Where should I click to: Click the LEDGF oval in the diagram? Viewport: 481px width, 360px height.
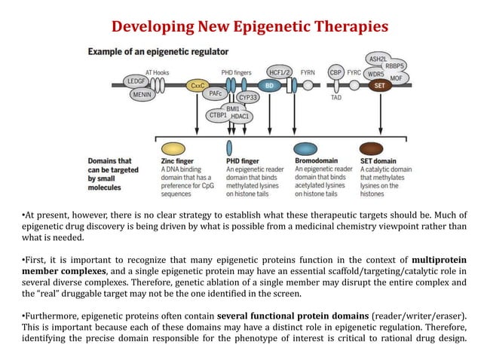point(136,81)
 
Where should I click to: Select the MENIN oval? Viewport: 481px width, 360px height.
point(141,95)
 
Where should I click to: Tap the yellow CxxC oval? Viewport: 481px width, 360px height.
point(198,86)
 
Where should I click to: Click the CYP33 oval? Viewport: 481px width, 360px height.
point(248,97)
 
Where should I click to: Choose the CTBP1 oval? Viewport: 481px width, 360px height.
point(218,115)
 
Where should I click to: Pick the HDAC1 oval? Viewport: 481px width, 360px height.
point(240,117)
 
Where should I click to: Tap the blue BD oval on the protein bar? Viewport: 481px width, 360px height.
point(268,86)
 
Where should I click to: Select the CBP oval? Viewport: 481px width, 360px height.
point(336,72)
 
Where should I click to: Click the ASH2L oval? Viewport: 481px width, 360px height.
point(378,58)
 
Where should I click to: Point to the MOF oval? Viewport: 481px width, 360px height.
point(396,78)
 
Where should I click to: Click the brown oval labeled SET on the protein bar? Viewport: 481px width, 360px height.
point(381,86)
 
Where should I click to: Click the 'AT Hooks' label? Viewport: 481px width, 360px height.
point(158,72)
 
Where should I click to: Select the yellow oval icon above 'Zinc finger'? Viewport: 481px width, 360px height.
point(174,148)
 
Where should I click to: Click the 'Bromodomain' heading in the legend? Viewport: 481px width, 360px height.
point(315,161)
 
